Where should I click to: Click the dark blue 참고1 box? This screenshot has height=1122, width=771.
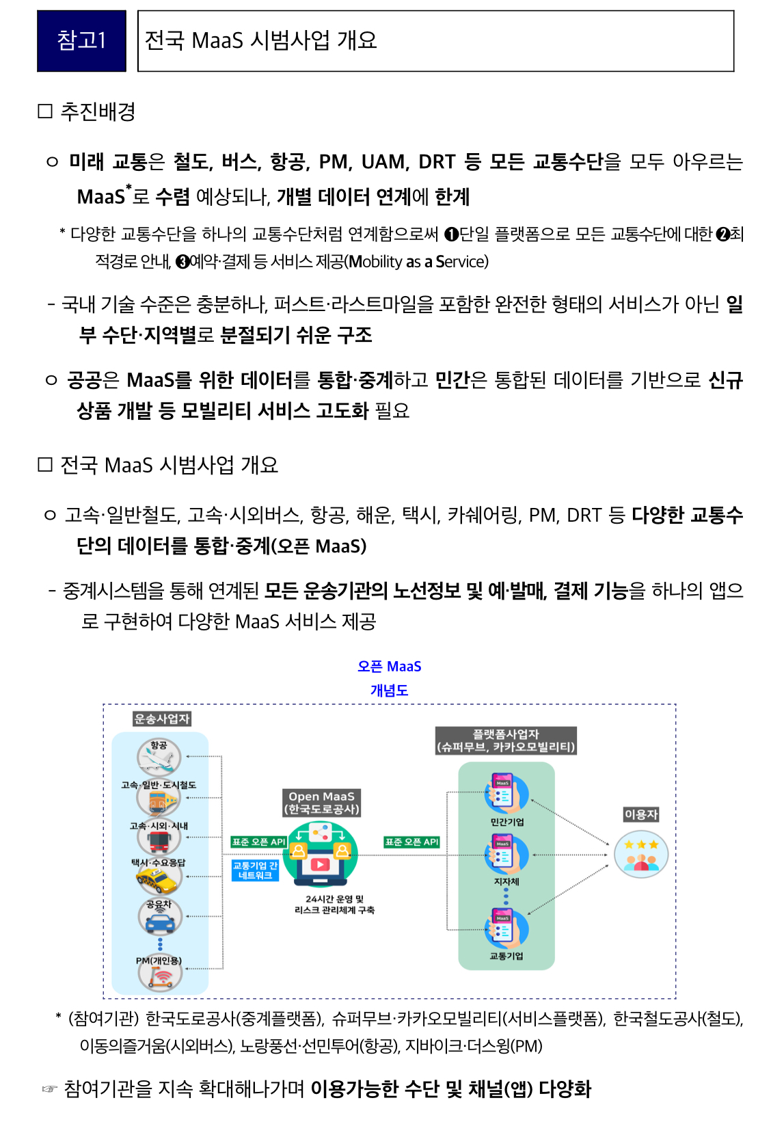click(x=81, y=41)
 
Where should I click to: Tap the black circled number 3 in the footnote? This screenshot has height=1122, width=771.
click(x=182, y=262)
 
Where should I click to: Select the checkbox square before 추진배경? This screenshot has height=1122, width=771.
click(x=45, y=111)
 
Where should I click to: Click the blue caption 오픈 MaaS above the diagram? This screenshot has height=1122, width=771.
click(x=389, y=667)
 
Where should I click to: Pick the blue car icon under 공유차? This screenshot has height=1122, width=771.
click(x=160, y=920)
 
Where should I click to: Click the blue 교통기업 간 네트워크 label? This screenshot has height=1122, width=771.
click(x=255, y=870)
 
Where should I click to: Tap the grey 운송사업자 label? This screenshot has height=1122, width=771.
click(x=162, y=719)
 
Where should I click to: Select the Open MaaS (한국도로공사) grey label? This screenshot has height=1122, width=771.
click(x=321, y=803)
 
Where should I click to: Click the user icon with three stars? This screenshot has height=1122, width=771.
click(x=640, y=855)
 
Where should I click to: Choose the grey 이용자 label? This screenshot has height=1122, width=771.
click(x=640, y=814)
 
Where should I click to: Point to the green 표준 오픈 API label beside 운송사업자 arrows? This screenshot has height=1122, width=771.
click(x=258, y=842)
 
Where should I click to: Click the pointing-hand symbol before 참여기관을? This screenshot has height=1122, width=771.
click(x=49, y=1089)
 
